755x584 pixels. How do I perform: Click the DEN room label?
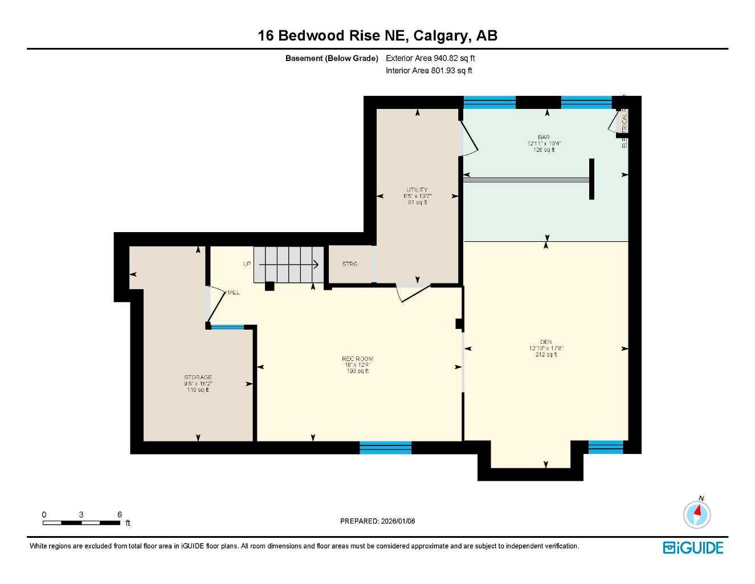click(x=546, y=342)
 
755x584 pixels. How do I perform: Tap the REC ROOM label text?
click(x=357, y=359)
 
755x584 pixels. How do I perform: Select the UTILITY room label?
click(x=417, y=190)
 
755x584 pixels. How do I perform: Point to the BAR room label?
click(x=544, y=137)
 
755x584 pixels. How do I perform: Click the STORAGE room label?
click(x=198, y=378)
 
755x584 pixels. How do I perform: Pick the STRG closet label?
click(x=349, y=264)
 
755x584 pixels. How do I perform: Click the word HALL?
click(x=232, y=293)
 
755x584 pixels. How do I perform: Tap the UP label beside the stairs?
click(x=247, y=264)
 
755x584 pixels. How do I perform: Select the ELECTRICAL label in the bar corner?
click(x=624, y=130)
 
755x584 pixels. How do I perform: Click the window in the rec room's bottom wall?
click(x=385, y=448)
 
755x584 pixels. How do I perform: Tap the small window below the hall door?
click(x=227, y=327)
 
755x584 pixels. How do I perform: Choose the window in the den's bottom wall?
click(x=605, y=447)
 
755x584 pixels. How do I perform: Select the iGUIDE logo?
click(x=693, y=548)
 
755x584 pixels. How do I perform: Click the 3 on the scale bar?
click(x=81, y=514)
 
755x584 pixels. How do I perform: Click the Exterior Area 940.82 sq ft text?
click(x=430, y=58)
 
